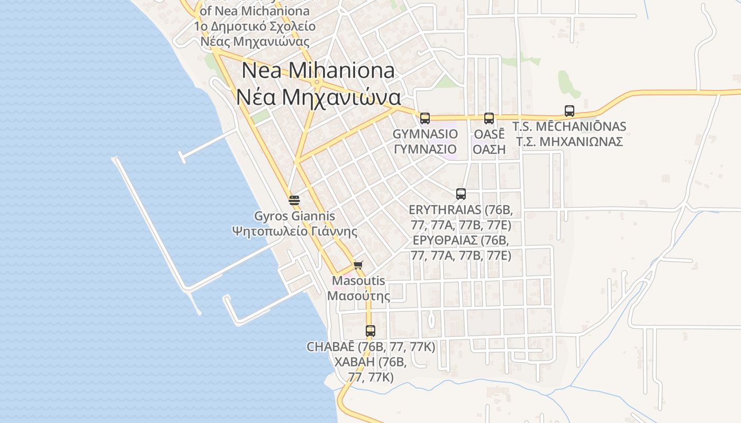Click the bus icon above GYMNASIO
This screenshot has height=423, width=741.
(425, 118)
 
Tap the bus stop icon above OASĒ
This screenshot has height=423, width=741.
(489, 118)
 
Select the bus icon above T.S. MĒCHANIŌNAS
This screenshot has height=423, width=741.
(570, 111)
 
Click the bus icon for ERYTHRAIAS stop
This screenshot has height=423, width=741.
(461, 194)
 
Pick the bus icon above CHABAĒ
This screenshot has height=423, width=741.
(370, 332)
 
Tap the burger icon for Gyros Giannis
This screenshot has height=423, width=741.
(294, 200)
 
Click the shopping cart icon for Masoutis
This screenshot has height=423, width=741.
(358, 265)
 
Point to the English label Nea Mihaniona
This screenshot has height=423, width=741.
(318, 70)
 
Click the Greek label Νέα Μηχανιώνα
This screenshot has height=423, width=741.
(318, 97)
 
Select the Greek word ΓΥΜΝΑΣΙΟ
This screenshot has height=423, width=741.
(425, 149)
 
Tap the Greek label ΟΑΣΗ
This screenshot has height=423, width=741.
(489, 149)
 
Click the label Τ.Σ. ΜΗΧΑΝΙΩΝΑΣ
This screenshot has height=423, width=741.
(570, 142)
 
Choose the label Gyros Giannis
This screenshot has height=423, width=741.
(294, 216)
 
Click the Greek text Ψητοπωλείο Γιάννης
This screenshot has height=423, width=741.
(294, 232)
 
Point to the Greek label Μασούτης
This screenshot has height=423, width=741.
(358, 296)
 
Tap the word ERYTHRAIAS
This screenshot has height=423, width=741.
(445, 210)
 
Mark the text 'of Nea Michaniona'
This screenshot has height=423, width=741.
(255, 11)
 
